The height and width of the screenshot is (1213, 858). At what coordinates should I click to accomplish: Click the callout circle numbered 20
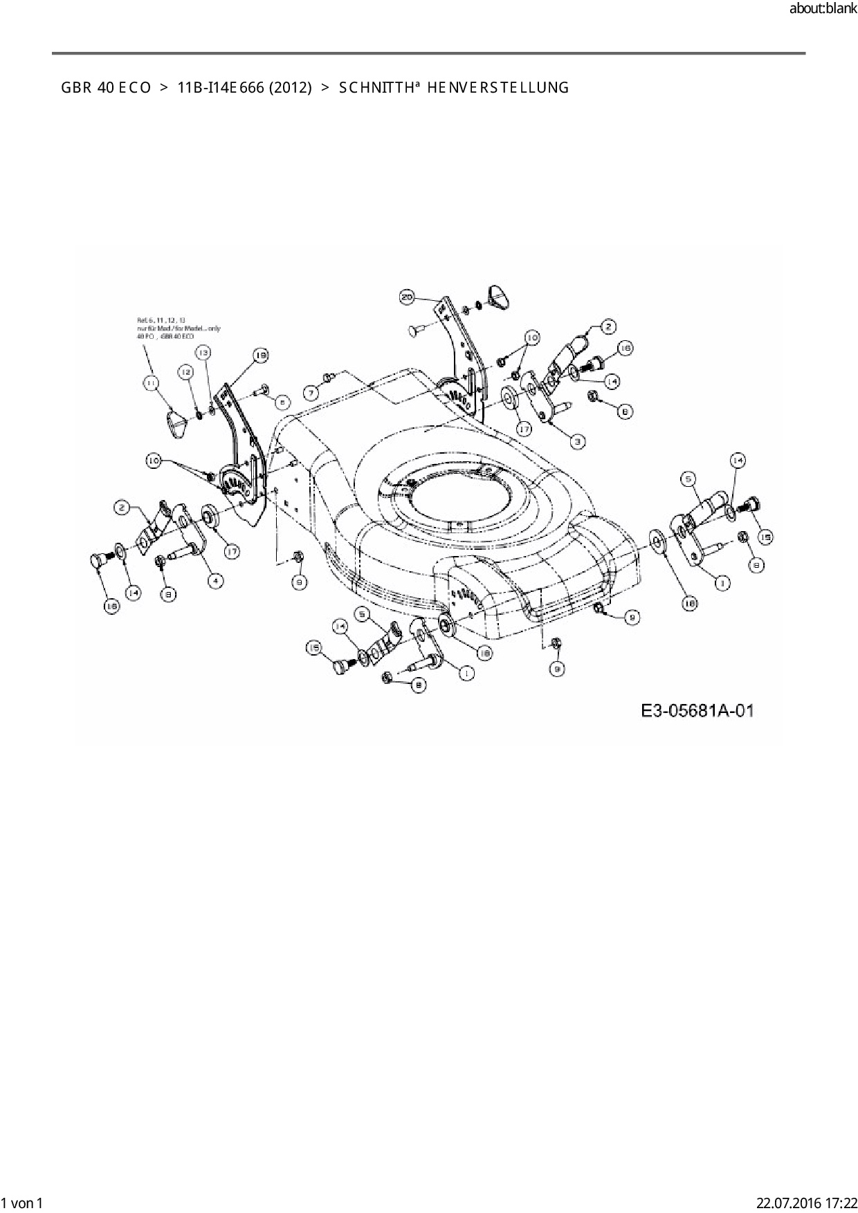408,297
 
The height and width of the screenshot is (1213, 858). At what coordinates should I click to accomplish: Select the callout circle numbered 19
259,355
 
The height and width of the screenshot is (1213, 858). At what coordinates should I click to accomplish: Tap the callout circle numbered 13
202,352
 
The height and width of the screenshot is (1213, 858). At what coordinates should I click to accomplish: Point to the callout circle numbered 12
185,373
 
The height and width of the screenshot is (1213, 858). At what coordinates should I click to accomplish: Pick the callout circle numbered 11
151,382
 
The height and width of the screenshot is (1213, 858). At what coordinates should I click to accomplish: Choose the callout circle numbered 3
577,440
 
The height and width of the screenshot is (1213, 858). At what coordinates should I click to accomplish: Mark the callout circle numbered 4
217,581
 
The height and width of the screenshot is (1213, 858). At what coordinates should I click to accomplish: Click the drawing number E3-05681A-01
697,711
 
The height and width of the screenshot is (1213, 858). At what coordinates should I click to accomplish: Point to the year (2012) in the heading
290,88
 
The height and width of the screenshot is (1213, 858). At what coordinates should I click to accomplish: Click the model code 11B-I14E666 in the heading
217,88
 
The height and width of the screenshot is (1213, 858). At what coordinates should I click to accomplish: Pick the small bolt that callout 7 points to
329,376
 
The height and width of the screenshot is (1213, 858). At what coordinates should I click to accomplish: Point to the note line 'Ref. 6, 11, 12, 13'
161,320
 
